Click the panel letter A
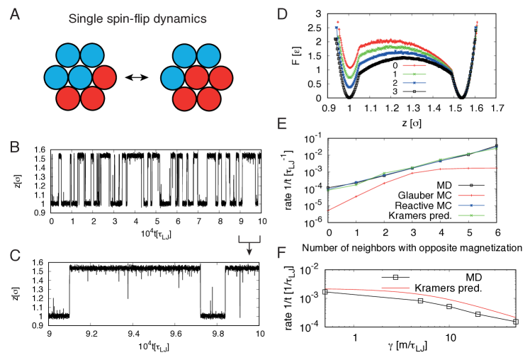(15, 14)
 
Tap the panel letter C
(15, 256)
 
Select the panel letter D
(282, 14)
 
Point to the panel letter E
(282, 125)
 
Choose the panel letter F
(282, 253)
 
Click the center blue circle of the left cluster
(81, 77)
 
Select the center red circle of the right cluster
(197, 77)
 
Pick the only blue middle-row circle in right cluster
(173, 77)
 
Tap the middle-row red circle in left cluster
(104, 77)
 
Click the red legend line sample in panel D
(414, 65)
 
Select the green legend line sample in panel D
(414, 74)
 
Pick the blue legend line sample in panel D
(414, 83)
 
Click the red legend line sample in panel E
(470, 196)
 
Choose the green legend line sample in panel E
(470, 214)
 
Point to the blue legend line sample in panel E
(470, 205)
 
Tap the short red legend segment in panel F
(395, 288)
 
